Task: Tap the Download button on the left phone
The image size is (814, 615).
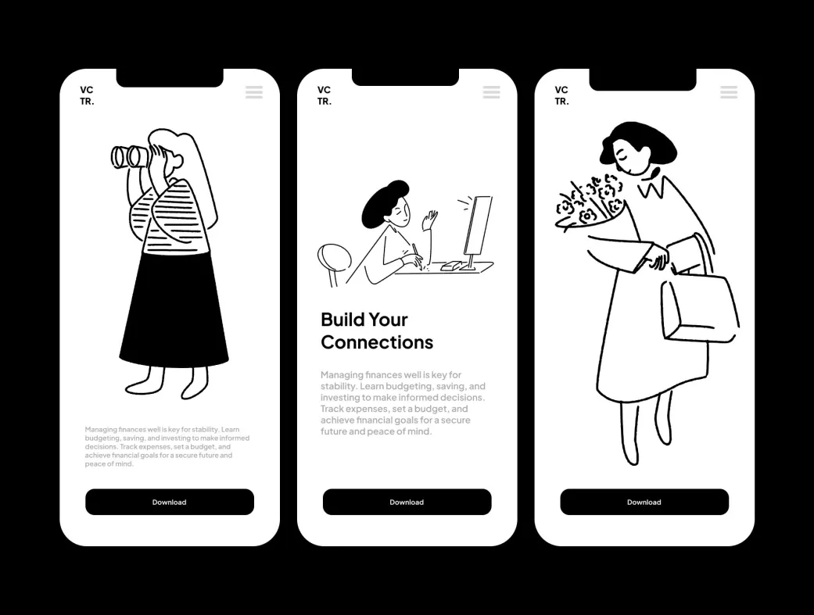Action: [x=169, y=502]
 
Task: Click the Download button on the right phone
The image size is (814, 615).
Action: [x=644, y=502]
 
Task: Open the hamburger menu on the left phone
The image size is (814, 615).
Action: [x=254, y=92]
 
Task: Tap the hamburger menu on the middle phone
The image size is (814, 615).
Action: [x=491, y=92]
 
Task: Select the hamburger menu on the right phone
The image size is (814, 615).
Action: [x=729, y=92]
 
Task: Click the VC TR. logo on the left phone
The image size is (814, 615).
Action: [x=87, y=95]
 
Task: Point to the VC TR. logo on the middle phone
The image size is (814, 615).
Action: [x=324, y=95]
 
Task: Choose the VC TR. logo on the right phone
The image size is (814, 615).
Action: [x=561, y=95]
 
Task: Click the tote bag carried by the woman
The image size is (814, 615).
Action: [x=700, y=309]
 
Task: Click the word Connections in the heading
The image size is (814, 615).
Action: [x=377, y=342]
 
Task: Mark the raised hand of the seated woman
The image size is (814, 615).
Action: [x=430, y=220]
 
